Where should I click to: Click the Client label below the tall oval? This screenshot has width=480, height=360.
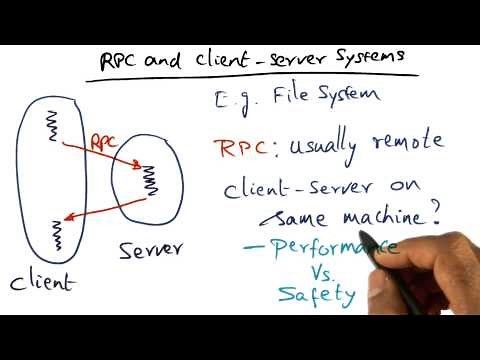tap(43, 283)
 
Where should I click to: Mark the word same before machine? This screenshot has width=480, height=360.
tap(296, 218)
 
